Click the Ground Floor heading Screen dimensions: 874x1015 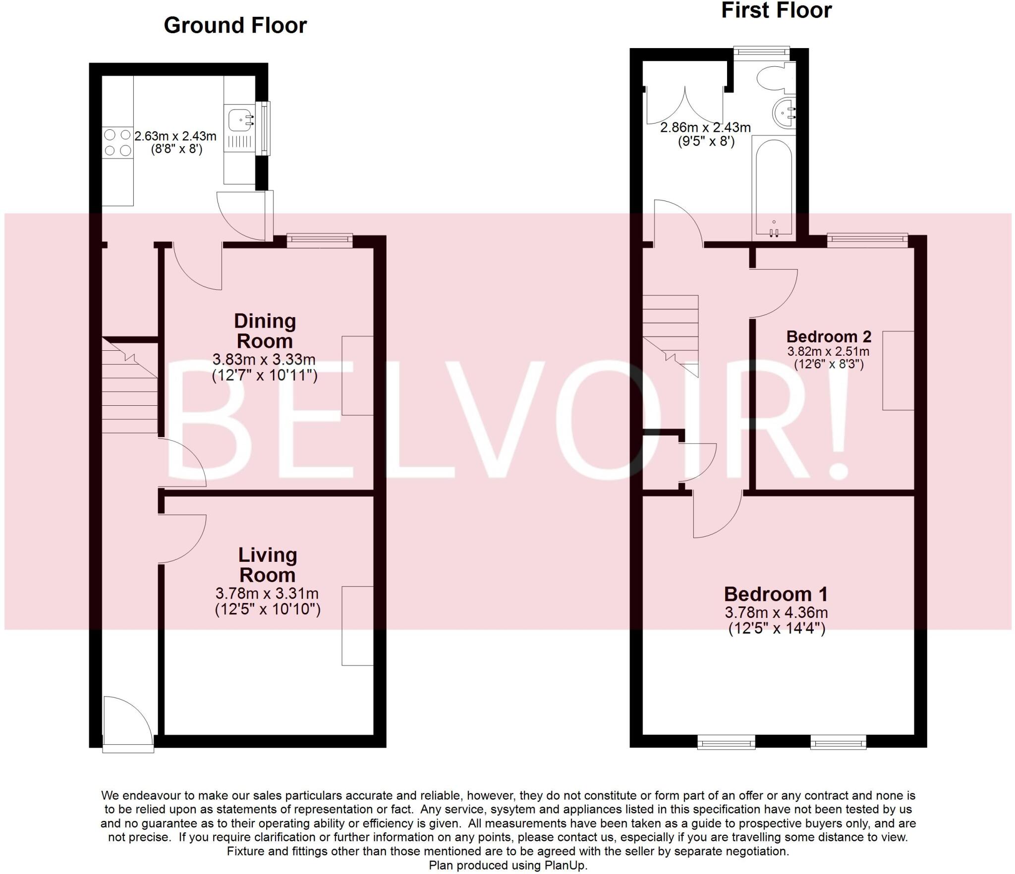235,25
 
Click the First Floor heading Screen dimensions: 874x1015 776,10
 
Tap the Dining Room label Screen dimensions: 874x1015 265,331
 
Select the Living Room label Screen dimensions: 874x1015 268,565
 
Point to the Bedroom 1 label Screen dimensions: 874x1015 776,594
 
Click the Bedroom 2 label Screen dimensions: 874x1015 829,336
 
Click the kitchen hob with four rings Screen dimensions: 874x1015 118,143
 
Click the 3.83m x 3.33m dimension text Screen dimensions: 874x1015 264,359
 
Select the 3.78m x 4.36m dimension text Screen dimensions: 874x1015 776,612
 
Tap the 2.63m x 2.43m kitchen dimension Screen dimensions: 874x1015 175,135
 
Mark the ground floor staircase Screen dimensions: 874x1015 130,386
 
